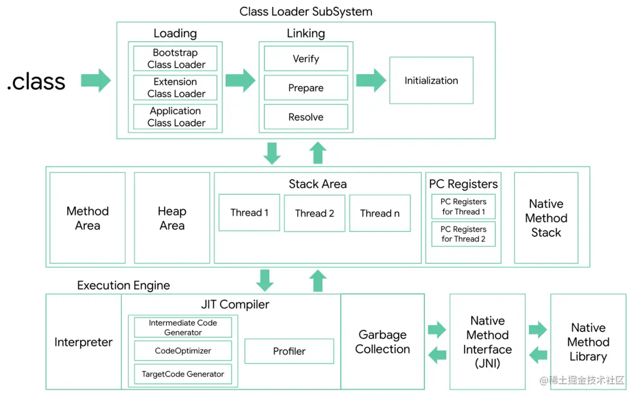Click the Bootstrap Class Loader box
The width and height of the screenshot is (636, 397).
click(175, 59)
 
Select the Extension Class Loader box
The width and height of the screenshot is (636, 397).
click(175, 88)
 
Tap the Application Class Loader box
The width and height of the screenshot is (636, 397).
click(175, 117)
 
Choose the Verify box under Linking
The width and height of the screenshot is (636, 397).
click(306, 59)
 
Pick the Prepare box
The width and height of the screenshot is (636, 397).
click(306, 88)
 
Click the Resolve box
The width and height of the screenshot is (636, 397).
click(306, 117)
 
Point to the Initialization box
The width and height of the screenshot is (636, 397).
click(431, 81)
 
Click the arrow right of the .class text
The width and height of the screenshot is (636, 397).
click(96, 80)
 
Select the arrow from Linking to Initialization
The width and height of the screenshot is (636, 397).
click(371, 80)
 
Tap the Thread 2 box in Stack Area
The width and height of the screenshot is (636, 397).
click(314, 213)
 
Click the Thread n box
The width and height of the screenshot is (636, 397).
click(379, 213)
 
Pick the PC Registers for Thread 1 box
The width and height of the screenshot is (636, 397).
click(463, 207)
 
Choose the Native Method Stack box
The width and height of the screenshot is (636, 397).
click(546, 218)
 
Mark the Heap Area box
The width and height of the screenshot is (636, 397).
click(172, 218)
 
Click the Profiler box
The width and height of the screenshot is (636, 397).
click(289, 351)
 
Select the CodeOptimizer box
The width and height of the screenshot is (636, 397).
click(183, 351)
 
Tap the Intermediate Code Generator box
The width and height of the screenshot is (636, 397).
click(183, 328)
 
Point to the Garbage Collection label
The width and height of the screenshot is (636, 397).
click(382, 342)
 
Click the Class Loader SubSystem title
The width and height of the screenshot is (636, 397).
click(306, 11)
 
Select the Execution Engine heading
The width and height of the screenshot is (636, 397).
click(123, 285)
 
